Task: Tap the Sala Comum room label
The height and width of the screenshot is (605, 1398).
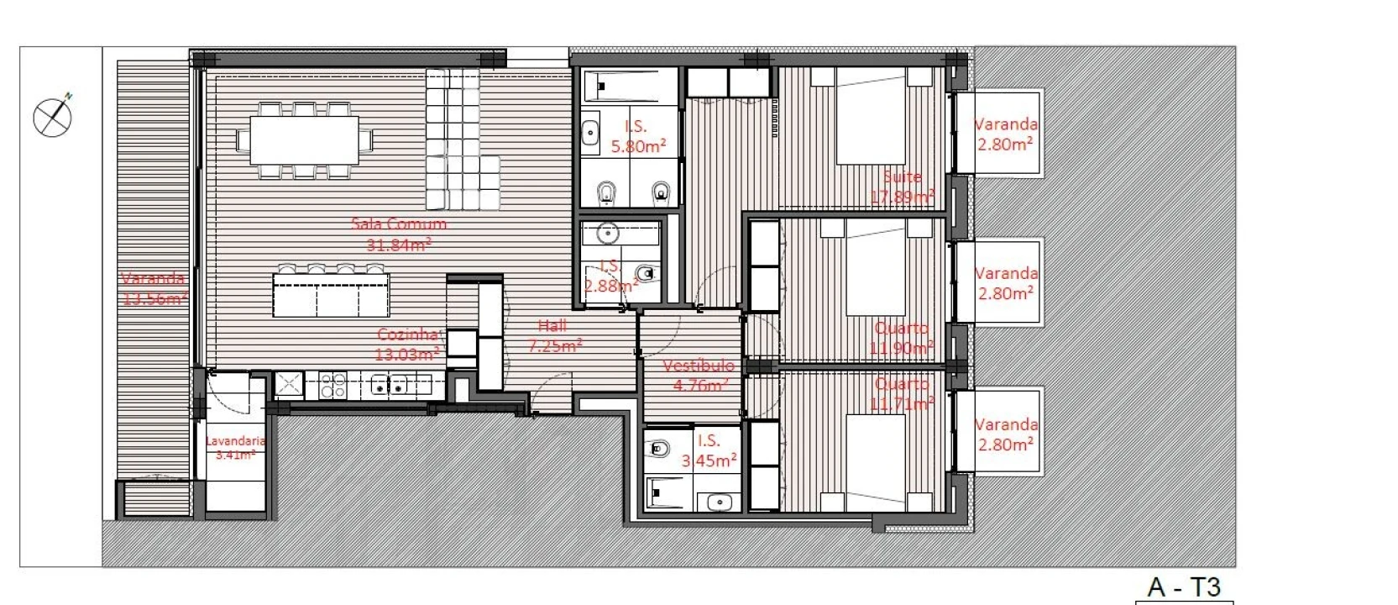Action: tap(399, 234)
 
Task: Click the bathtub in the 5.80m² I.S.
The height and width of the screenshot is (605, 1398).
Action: tap(630, 85)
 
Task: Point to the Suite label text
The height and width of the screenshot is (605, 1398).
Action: tap(903, 177)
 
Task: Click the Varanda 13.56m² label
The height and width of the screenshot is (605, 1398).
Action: tap(153, 287)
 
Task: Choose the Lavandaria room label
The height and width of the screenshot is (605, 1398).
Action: tap(235, 448)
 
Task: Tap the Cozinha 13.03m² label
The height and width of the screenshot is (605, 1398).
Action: tap(407, 344)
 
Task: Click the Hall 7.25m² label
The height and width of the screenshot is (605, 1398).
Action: tap(554, 334)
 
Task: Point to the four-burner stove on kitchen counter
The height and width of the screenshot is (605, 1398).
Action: tap(332, 386)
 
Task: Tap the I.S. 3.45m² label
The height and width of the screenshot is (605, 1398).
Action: tap(709, 450)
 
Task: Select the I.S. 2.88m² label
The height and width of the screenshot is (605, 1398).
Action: tap(610, 276)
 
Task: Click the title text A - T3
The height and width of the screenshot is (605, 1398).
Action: tap(1183, 587)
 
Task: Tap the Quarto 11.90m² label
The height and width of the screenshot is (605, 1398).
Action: tap(902, 338)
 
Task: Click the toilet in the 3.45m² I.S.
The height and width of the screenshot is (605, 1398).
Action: tap(659, 449)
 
